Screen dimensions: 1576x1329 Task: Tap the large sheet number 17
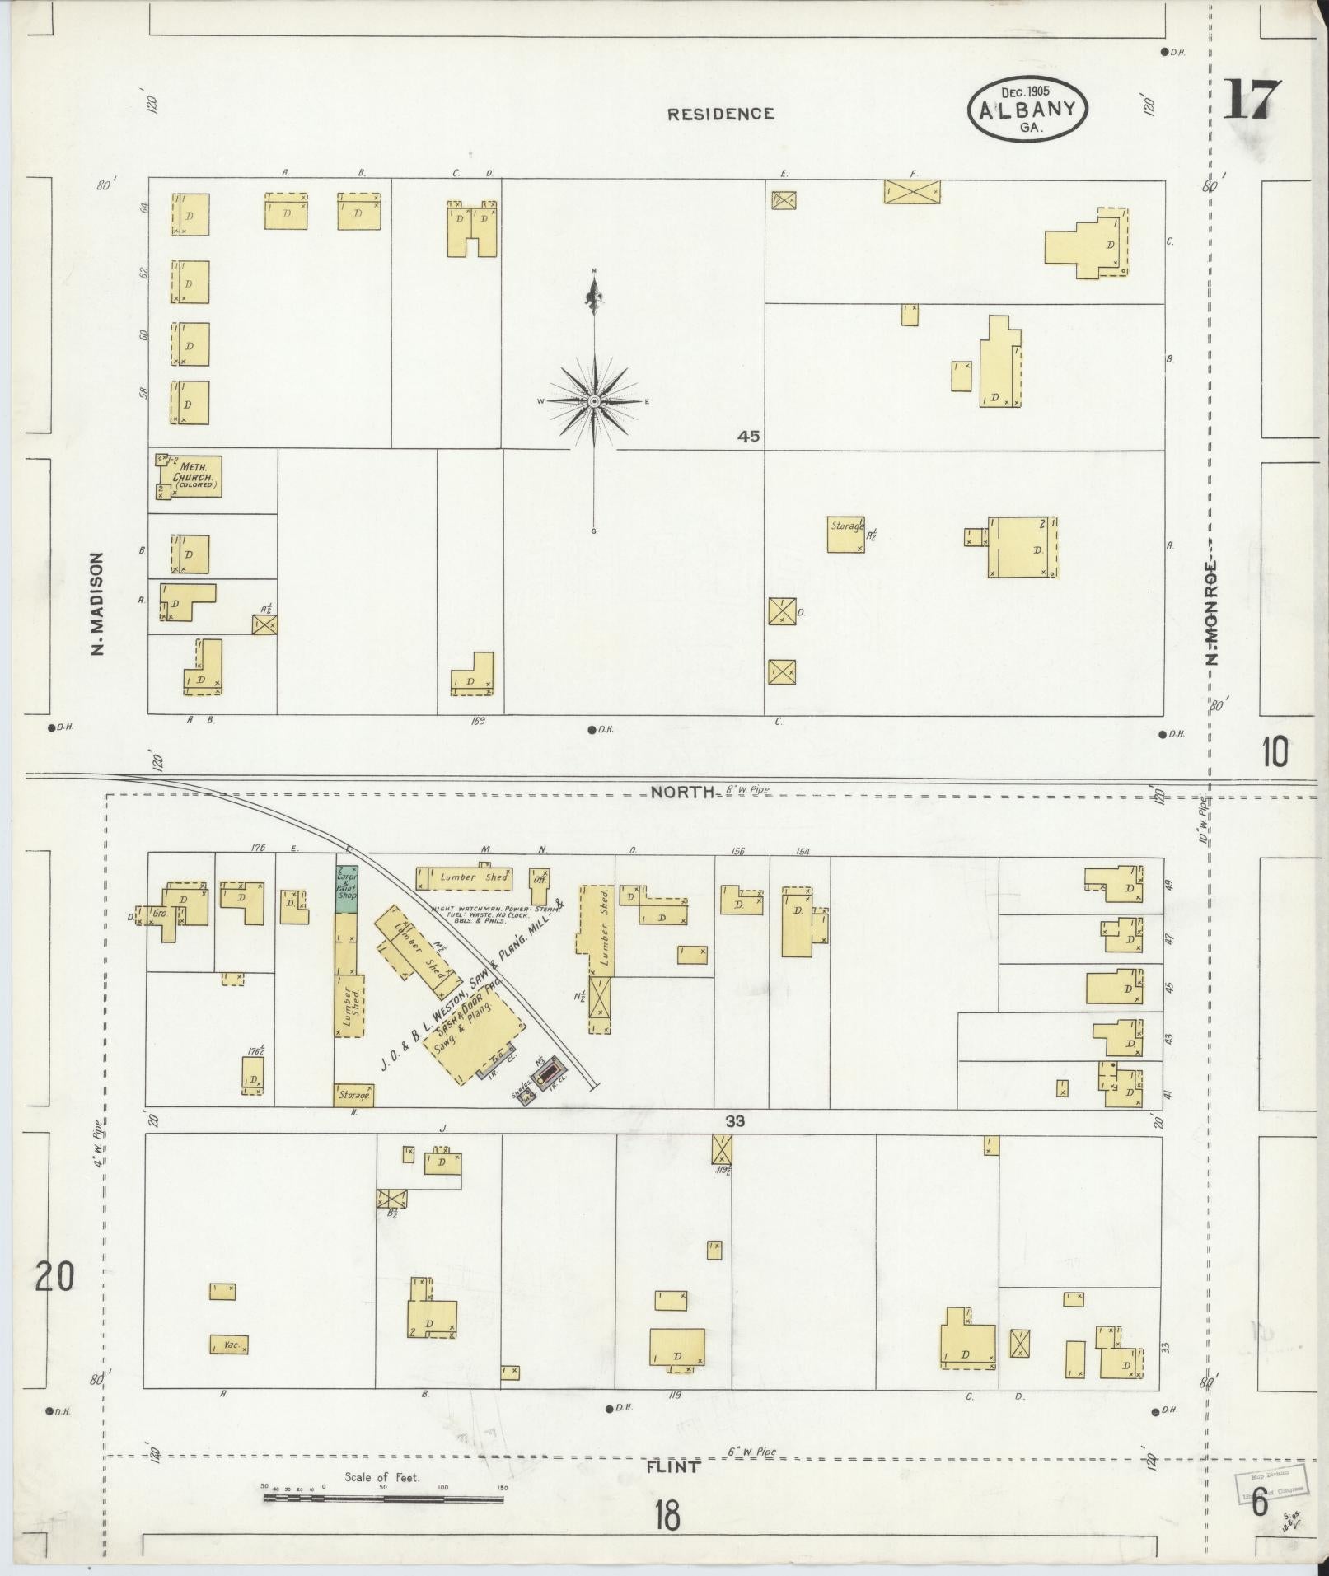(x=1252, y=101)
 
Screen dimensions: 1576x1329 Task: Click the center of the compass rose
(x=593, y=401)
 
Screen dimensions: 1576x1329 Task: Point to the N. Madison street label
(x=98, y=604)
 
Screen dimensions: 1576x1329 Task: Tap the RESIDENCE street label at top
(x=721, y=115)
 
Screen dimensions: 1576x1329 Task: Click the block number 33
(x=735, y=1121)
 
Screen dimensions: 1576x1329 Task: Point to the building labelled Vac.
(x=229, y=1345)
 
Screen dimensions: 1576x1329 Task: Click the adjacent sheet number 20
(x=55, y=1277)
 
